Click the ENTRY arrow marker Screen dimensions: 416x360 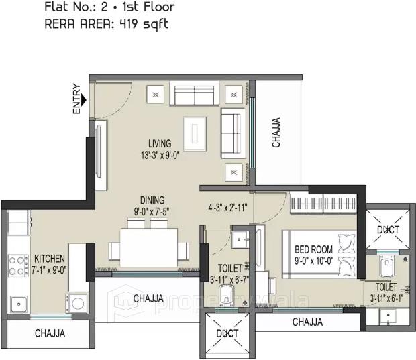[x=84, y=100]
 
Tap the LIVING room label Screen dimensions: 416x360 [x=160, y=143]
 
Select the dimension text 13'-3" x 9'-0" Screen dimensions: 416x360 [x=160, y=155]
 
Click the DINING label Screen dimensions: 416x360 [x=152, y=200]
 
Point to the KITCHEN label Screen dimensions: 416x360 [x=50, y=259]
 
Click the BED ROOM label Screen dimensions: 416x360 [x=313, y=249]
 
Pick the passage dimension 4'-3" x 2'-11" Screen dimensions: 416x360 [x=228, y=207]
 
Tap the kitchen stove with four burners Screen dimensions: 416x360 [x=18, y=266]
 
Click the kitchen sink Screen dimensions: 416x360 [x=18, y=304]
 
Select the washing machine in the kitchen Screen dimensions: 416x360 [x=76, y=303]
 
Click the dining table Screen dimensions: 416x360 [x=148, y=247]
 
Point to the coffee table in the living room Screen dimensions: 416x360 [x=195, y=134]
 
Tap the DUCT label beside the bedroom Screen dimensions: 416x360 [x=388, y=229]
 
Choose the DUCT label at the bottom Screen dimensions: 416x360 [x=227, y=333]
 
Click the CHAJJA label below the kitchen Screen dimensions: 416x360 [x=50, y=333]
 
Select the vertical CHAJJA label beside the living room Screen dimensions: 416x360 [x=276, y=132]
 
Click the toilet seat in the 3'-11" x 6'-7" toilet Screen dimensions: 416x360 [x=226, y=294]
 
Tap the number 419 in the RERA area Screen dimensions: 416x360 [x=129, y=24]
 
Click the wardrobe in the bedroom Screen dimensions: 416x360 [x=323, y=204]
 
